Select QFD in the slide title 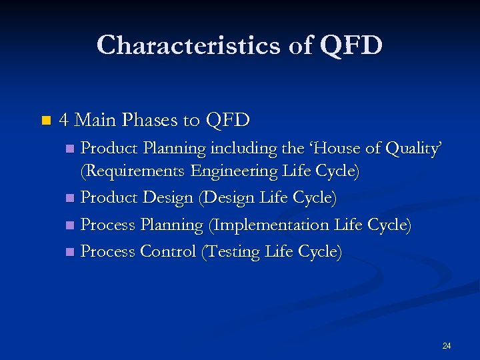coord(351,45)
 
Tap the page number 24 coord(447,345)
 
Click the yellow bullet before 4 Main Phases coord(45,121)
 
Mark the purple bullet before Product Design coord(71,199)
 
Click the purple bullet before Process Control coord(71,252)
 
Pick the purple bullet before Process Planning coord(71,225)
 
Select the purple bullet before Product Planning coord(71,148)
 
